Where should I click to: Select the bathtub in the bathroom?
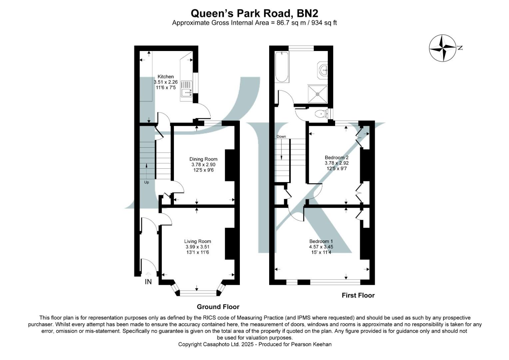pos(281,67)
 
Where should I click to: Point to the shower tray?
pos(317,94)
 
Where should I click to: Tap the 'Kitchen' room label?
pos(166,77)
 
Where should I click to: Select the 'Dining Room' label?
pos(203,159)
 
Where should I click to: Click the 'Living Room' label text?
pos(198,241)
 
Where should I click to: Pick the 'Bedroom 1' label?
pos(321,241)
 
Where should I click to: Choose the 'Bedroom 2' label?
pos(336,158)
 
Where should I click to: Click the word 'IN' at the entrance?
pos(148,282)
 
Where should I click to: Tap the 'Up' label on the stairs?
pos(147,182)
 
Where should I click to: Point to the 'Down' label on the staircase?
pos(281,137)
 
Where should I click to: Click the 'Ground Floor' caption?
pos(218,307)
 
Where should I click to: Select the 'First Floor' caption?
pos(358,295)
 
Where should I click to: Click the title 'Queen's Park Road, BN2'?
pos(254,13)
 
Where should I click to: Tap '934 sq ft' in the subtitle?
pos(324,23)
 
